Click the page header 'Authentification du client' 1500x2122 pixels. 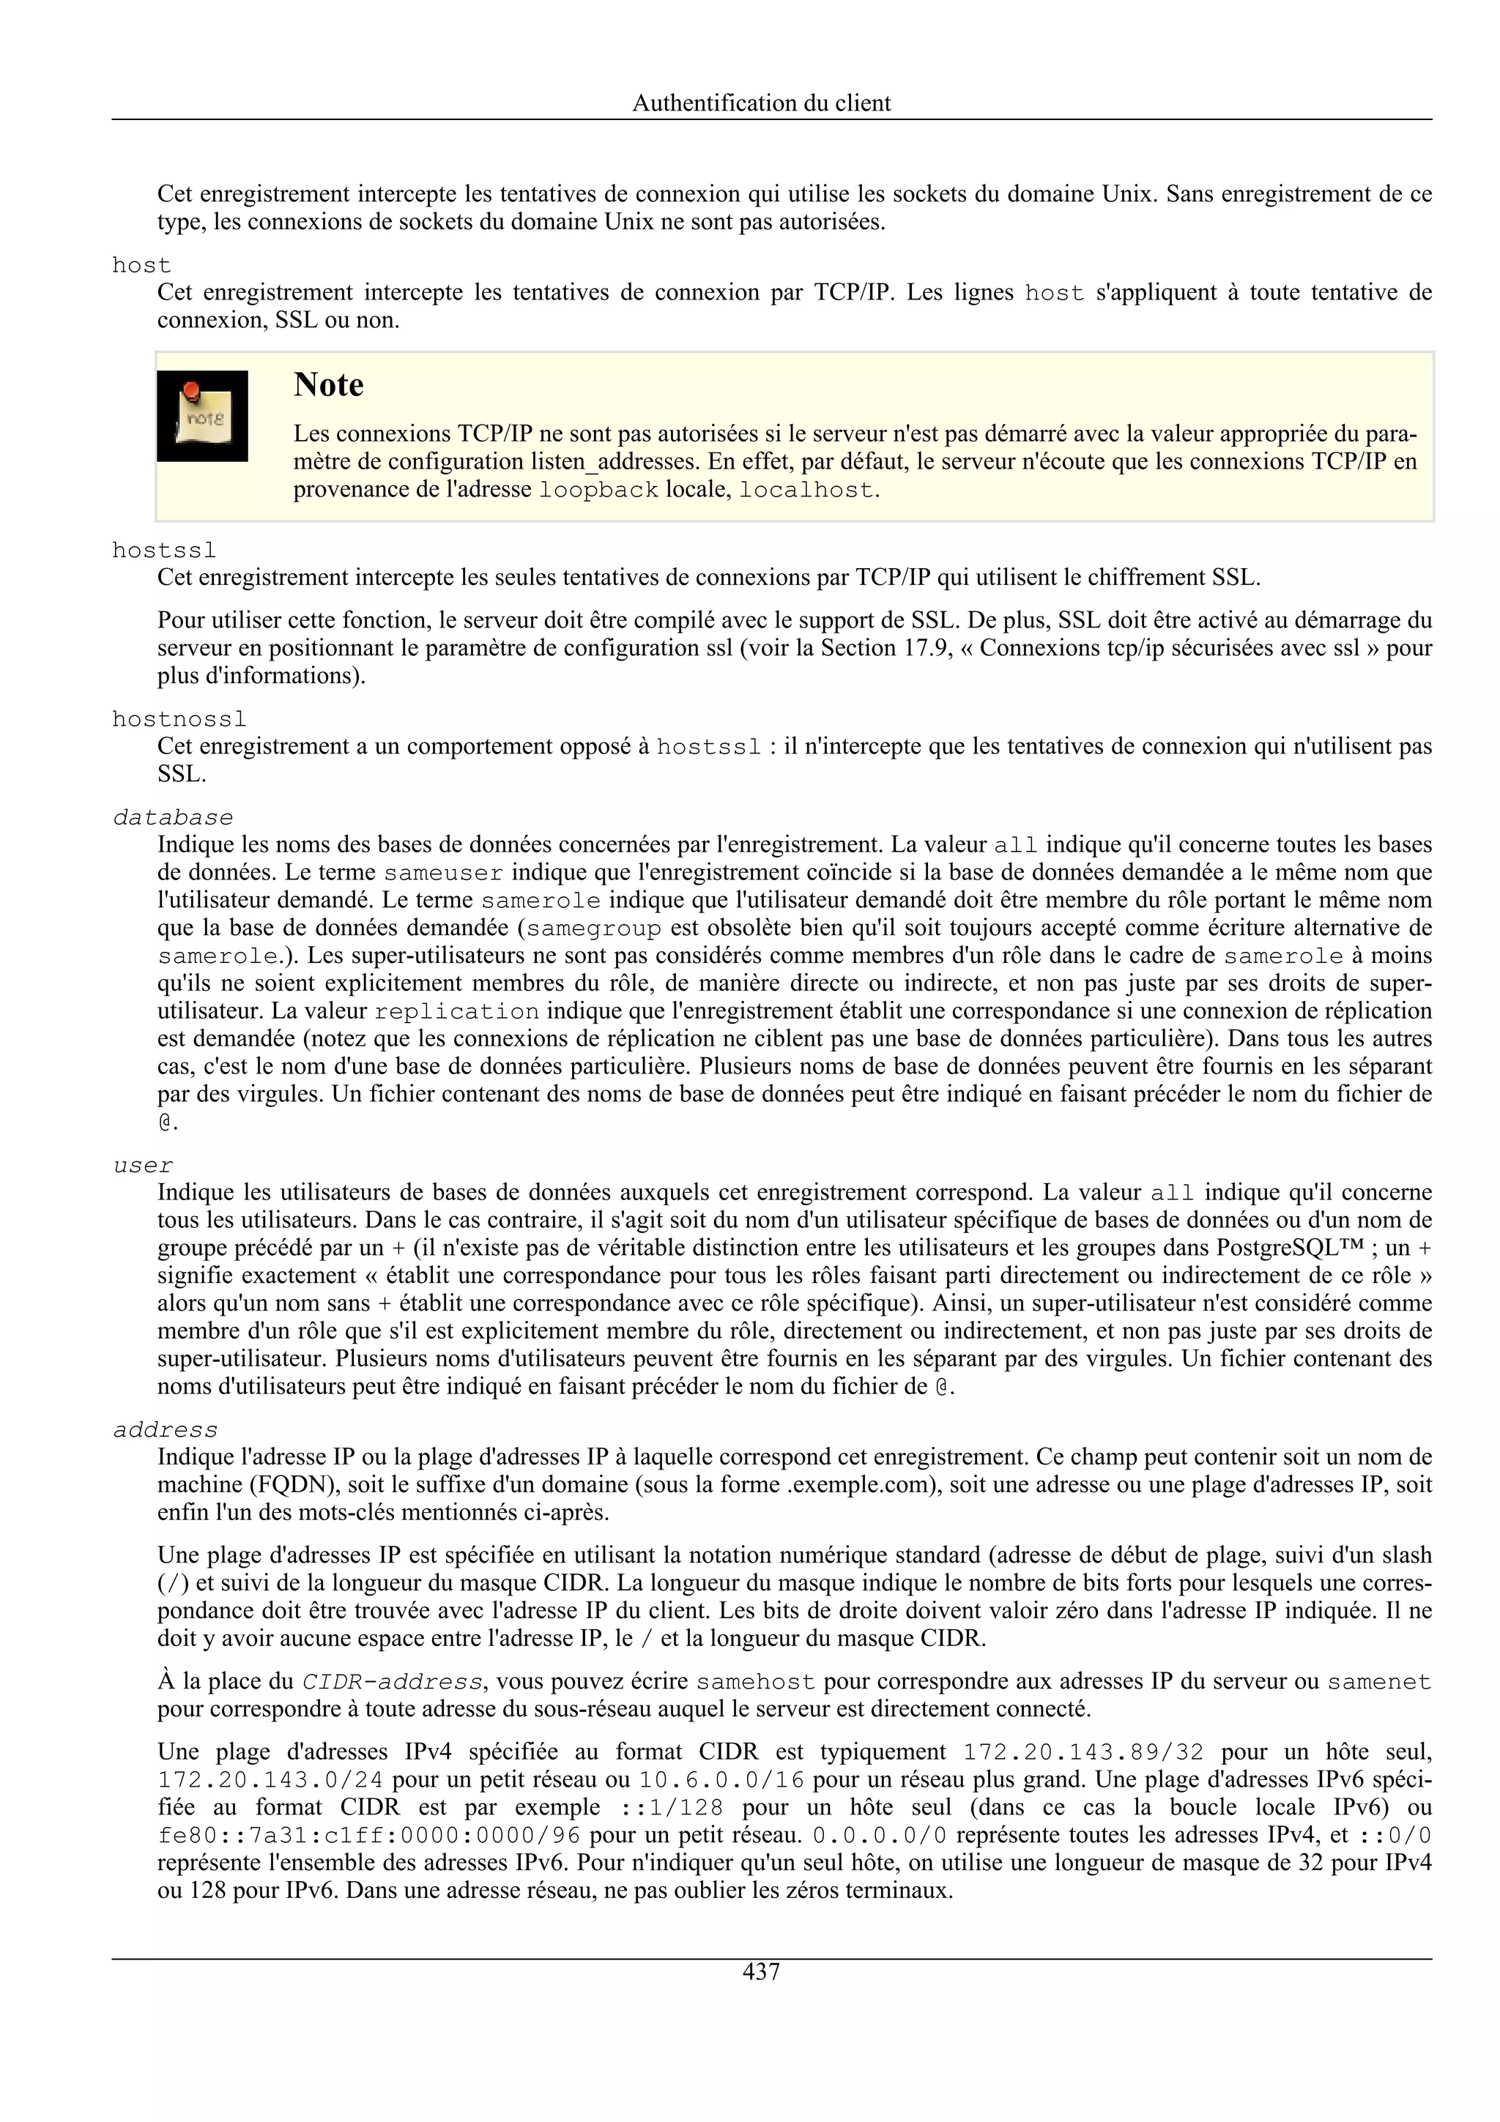point(761,103)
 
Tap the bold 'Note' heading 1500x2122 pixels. point(328,384)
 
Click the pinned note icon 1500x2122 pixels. point(202,416)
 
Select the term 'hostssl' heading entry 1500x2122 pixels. point(165,551)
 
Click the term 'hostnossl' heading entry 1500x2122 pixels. point(179,719)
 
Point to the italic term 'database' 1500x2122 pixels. point(173,818)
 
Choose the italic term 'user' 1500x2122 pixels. point(144,1166)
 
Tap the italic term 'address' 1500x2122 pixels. point(166,1431)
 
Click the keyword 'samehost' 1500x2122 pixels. point(756,1682)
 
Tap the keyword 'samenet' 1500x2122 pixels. point(1379,1682)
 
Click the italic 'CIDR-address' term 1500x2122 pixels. point(392,1682)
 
